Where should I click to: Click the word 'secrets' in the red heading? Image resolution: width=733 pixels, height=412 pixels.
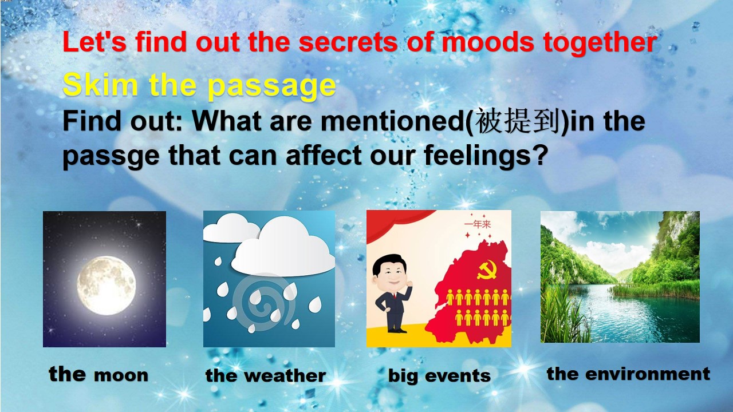tap(348, 42)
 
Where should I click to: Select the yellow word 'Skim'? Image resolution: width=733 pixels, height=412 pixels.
tap(100, 84)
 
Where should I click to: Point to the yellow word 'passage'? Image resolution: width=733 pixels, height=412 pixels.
tap(272, 86)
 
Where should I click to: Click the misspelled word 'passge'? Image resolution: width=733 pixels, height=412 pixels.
tap(111, 157)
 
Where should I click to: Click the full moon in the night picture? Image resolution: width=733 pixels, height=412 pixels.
tap(107, 286)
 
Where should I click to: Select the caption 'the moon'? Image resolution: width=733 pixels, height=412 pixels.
tap(98, 374)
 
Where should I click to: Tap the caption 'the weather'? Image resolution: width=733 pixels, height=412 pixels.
tap(265, 375)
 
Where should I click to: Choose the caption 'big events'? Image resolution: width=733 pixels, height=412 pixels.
tap(439, 376)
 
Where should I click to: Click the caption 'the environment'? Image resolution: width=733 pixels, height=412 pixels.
tap(628, 374)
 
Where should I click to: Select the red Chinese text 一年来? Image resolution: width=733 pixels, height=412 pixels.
tap(478, 224)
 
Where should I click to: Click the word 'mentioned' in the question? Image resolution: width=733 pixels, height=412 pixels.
tap(393, 121)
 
